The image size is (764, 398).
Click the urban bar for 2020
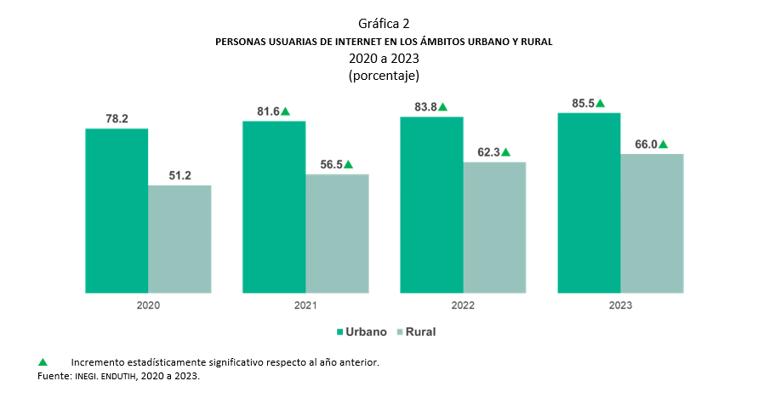[x=117, y=211]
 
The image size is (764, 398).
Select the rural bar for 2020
[x=180, y=239]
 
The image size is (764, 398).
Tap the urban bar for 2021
[x=274, y=207]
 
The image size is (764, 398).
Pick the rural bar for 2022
[x=494, y=228]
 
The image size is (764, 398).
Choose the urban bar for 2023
[x=589, y=202]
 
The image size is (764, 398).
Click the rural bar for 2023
[x=652, y=224]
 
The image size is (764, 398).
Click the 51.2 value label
[x=180, y=175]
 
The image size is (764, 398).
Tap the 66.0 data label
[x=646, y=145]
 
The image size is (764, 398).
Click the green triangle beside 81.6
[x=286, y=111]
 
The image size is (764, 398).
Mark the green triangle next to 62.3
[x=505, y=152]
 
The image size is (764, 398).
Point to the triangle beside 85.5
[x=600, y=103]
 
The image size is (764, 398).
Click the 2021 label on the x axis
[x=305, y=305]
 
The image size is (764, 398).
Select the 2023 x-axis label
[x=620, y=305]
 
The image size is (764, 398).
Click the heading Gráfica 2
[x=384, y=23]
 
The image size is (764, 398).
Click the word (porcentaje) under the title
[x=384, y=75]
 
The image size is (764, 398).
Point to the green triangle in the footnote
[x=43, y=362]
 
